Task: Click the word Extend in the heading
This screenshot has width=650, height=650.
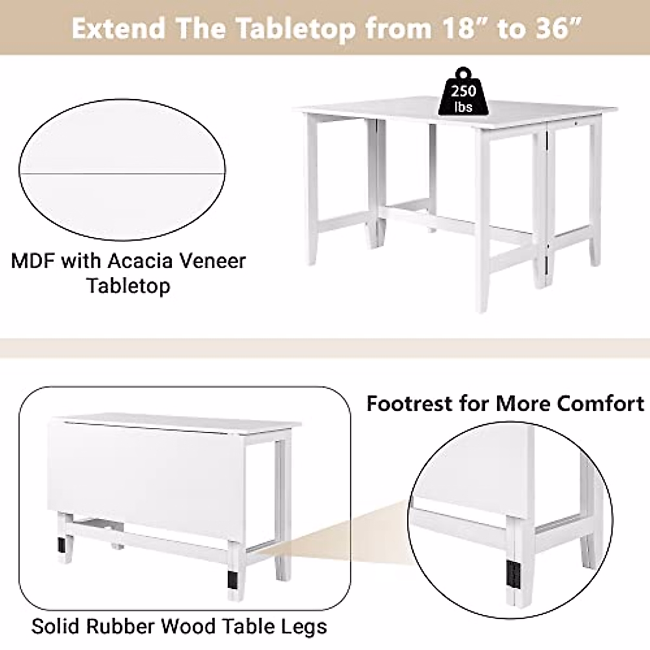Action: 115,29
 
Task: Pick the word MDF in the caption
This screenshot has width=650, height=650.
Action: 33,262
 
